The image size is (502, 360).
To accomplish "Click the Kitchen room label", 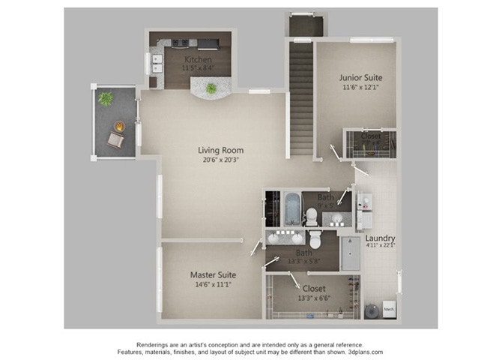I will [x=197, y=59].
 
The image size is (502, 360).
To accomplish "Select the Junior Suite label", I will [x=357, y=77].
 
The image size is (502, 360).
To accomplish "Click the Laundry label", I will [x=380, y=239].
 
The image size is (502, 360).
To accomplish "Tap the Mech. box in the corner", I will [x=389, y=308].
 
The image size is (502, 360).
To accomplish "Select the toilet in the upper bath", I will [x=311, y=217].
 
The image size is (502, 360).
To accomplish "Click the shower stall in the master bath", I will [x=350, y=253].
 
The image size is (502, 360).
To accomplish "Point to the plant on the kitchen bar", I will [x=211, y=88].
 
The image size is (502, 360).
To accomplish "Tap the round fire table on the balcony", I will [x=119, y=126].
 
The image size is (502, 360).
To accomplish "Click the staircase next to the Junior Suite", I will [x=300, y=97].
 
